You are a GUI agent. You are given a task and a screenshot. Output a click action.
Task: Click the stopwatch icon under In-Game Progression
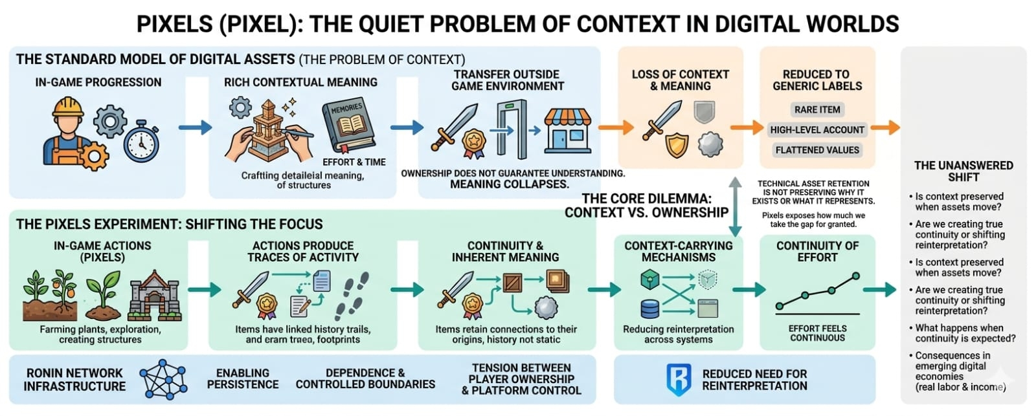point(141,141)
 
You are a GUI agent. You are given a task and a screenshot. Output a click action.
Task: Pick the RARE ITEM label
point(817,109)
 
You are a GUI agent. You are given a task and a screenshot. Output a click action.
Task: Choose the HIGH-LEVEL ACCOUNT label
point(817,129)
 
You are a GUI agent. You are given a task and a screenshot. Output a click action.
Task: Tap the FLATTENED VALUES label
point(817,149)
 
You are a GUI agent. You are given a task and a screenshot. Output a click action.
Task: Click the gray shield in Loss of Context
point(704,111)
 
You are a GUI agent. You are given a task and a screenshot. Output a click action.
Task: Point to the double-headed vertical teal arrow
point(735,207)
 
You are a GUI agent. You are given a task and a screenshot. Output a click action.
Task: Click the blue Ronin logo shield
point(679,380)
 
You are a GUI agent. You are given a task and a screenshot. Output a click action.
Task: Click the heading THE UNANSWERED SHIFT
point(963,171)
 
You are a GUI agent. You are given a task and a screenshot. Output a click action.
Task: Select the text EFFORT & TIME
point(354,162)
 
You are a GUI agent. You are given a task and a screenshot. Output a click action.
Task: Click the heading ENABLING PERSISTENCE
point(243,378)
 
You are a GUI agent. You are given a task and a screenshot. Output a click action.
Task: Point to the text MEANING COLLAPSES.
point(509,184)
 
